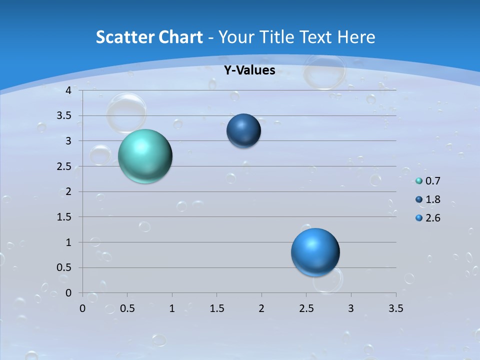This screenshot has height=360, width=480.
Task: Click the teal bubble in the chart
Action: click(145, 156)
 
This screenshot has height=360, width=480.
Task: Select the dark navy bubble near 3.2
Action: click(243, 131)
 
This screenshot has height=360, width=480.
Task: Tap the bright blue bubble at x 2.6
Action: click(315, 252)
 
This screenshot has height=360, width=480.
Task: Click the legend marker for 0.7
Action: click(419, 181)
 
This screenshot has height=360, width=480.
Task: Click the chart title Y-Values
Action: click(249, 70)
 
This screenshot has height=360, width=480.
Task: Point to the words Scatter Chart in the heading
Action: click(149, 37)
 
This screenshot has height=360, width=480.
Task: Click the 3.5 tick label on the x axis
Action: click(396, 308)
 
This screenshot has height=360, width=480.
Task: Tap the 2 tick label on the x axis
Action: click(261, 308)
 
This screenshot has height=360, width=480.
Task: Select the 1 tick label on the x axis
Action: click(172, 308)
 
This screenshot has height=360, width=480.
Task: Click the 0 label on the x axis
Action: click(82, 308)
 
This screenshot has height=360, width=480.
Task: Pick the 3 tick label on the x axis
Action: click(351, 308)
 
